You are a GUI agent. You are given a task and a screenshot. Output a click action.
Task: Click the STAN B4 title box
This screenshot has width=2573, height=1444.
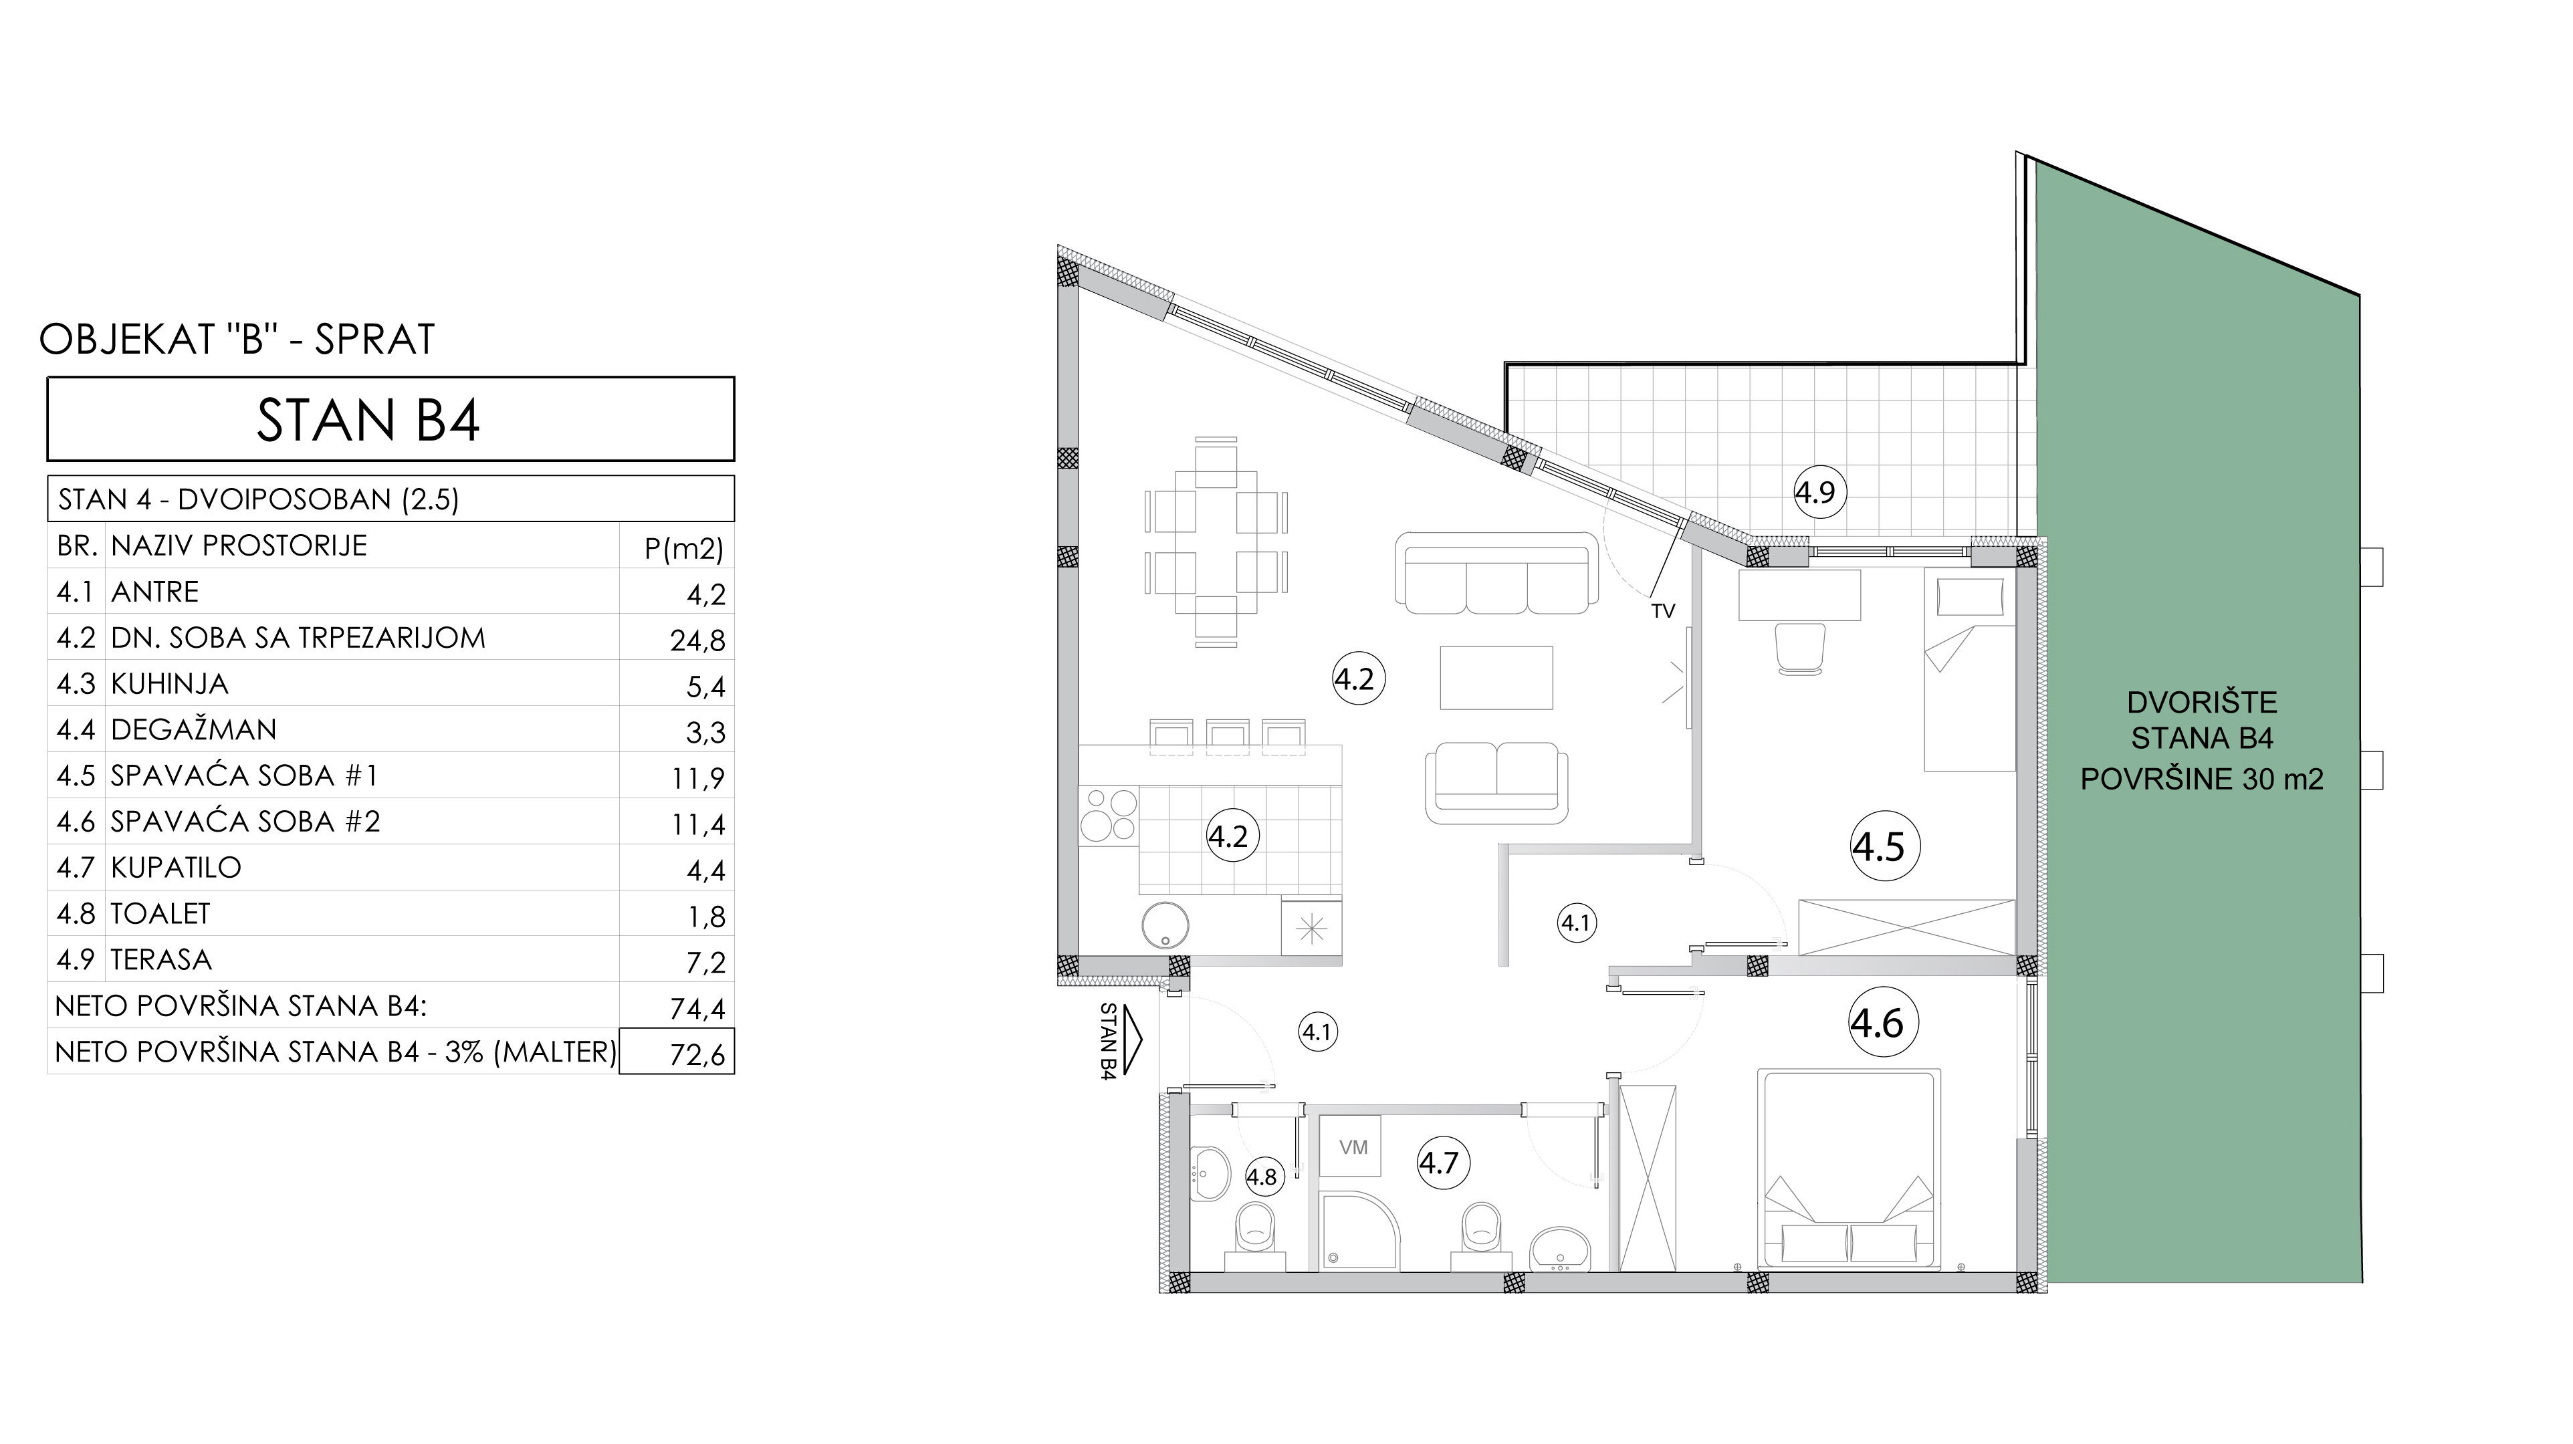tap(390, 418)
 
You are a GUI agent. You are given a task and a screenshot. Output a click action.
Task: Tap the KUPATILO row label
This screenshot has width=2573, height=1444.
tap(176, 867)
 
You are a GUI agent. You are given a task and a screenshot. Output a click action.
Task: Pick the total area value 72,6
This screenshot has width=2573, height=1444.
tap(697, 1054)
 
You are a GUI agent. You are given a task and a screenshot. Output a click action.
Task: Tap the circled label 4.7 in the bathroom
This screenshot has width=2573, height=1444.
tap(1440, 1163)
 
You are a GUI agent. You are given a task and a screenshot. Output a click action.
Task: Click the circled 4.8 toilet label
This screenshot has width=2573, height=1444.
tap(1262, 1177)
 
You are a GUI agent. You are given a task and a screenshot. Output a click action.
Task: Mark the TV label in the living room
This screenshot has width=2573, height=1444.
tap(1662, 611)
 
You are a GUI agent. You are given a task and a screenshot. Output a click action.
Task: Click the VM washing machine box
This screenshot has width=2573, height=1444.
tap(1353, 1147)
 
